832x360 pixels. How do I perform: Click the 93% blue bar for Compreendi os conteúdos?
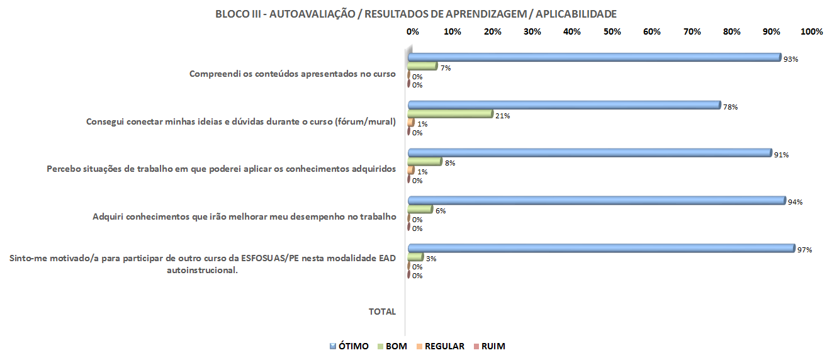594,57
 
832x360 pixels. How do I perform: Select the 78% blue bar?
564,105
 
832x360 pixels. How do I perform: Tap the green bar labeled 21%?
450,114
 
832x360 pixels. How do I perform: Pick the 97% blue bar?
601,248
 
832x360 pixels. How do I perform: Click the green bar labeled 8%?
425,162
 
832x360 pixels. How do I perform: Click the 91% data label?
782,154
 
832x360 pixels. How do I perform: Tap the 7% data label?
446,67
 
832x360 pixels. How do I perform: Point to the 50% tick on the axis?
612,31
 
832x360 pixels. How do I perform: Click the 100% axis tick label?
812,31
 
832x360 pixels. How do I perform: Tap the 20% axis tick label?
492,31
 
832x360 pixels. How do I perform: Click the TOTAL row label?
382,312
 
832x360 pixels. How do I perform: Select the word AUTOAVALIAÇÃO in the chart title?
311,14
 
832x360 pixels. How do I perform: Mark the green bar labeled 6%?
420,210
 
